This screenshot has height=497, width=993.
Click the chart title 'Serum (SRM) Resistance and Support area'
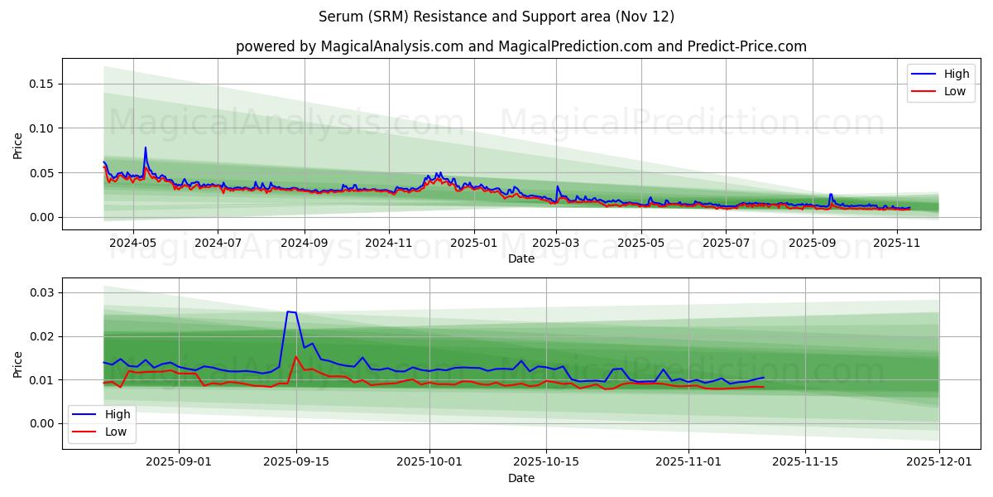pos(496,17)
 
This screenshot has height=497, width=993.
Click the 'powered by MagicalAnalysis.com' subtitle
pos(521,46)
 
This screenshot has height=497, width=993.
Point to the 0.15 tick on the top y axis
pos(42,84)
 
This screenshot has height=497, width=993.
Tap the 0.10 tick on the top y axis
pos(42,128)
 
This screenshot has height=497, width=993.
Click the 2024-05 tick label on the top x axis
pos(132,244)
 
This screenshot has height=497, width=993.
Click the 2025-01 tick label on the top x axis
pos(474,244)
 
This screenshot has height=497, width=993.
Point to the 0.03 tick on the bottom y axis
pos(42,292)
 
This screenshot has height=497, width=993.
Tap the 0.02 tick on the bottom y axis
pos(42,336)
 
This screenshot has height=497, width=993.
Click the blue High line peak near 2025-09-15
pos(288,311)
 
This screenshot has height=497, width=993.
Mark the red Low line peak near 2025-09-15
pos(296,357)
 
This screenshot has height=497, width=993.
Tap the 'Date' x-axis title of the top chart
pos(521,258)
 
